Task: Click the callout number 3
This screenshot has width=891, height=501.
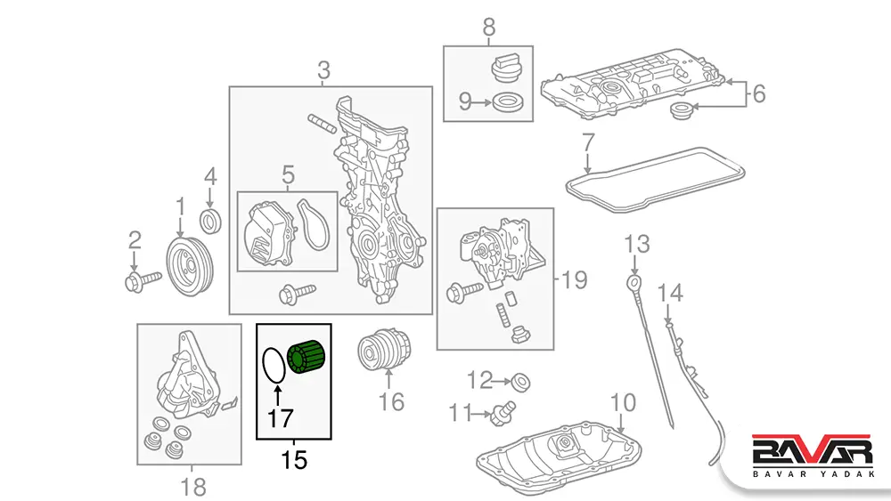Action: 323,69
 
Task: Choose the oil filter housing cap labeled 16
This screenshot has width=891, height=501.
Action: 382,353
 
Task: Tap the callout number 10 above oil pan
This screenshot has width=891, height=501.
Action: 624,402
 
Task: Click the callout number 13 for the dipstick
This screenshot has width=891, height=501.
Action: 637,243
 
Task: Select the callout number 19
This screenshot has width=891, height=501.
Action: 575,280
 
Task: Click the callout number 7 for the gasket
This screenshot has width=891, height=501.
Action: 588,141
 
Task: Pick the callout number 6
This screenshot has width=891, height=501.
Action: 758,93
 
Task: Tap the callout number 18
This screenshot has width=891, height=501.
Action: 192,487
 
